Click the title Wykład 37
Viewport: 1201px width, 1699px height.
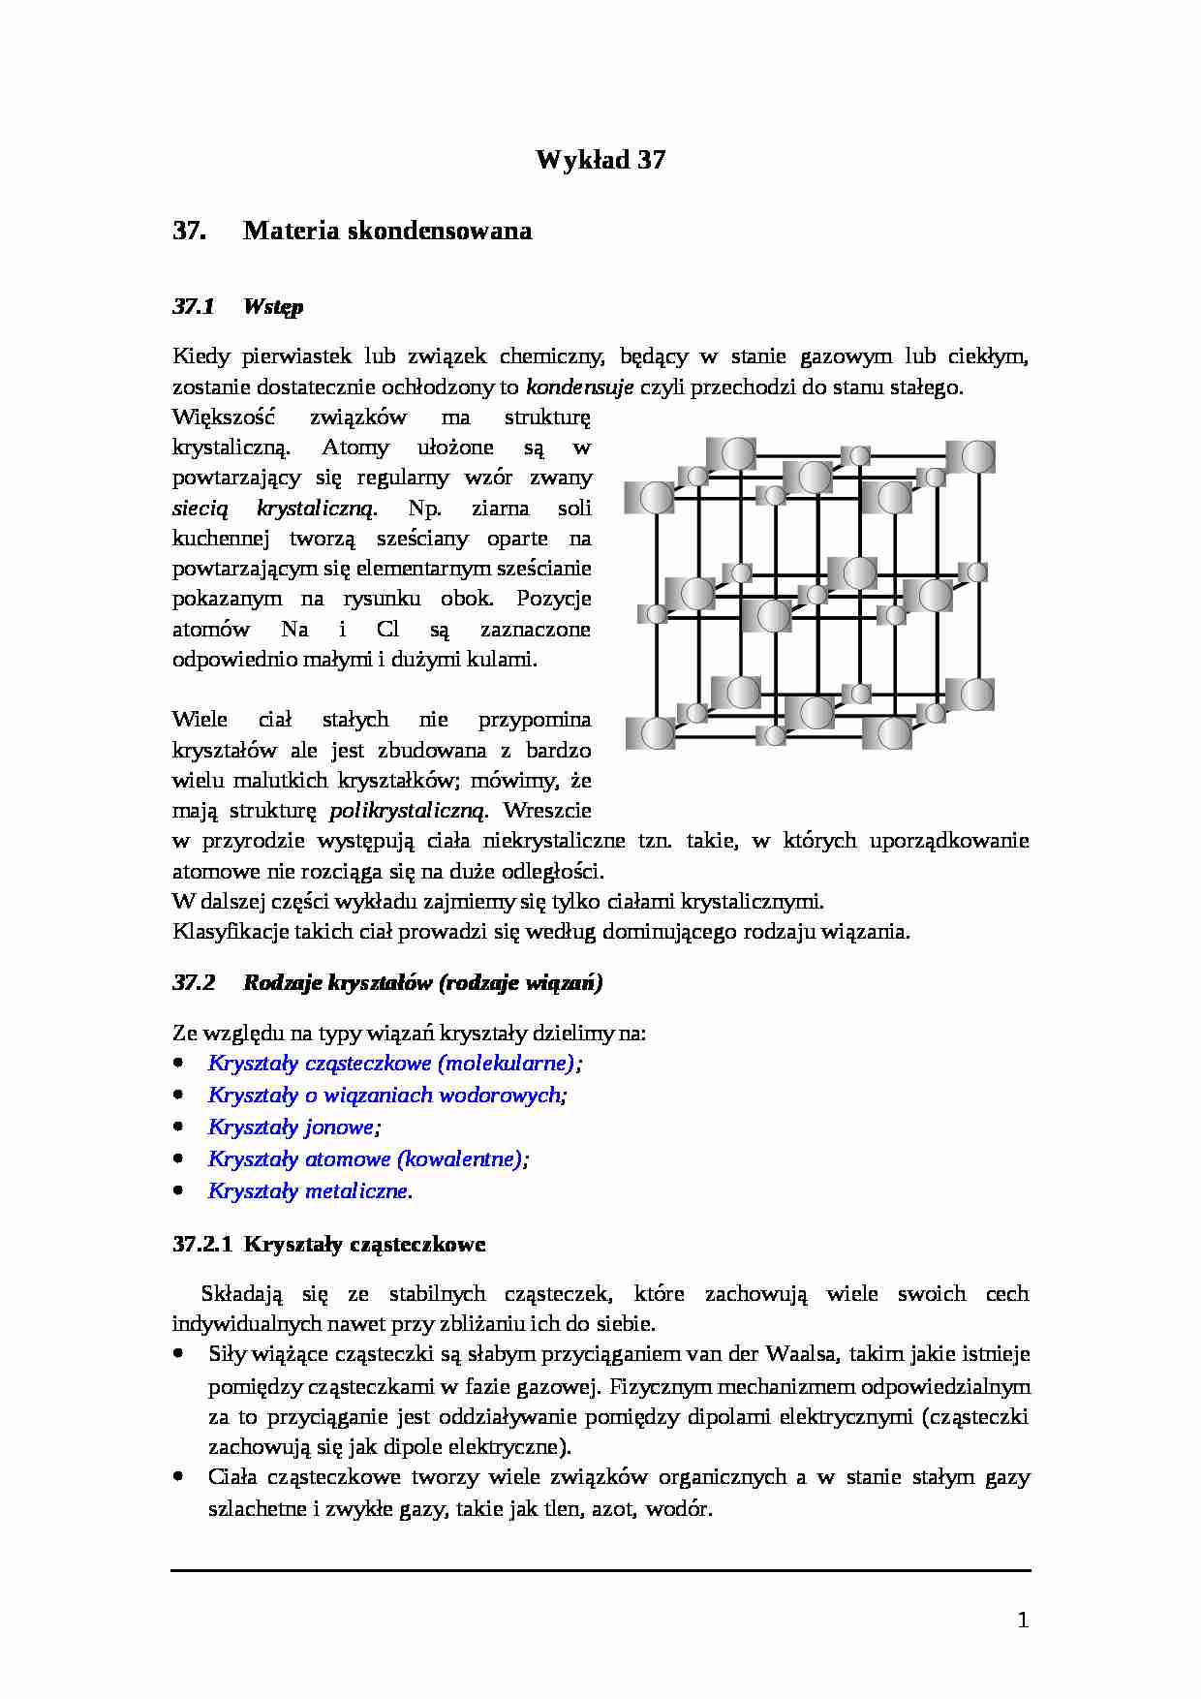pos(600,160)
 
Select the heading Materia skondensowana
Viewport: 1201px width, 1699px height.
pos(386,231)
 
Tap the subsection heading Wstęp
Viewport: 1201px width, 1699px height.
pos(273,307)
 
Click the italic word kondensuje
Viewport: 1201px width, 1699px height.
pos(579,387)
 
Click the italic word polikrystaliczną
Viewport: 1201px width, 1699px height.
pos(408,810)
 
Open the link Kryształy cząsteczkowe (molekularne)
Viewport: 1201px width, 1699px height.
pos(391,1064)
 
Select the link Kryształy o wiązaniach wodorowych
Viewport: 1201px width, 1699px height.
pos(385,1096)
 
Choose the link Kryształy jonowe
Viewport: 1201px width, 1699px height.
pos(291,1128)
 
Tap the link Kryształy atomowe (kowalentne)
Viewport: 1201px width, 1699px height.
pos(365,1159)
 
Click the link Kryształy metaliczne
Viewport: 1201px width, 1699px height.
pos(307,1191)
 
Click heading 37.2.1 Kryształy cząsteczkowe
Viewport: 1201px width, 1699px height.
pos(329,1245)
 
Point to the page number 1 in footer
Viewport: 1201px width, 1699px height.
pos(1023,1620)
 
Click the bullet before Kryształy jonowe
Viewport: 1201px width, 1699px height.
pos(178,1127)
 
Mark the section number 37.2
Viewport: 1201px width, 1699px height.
pos(194,983)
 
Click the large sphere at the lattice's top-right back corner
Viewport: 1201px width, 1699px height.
pos(976,456)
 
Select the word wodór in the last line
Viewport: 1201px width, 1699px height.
pos(677,1509)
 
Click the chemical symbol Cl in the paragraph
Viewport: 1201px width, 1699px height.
pos(387,630)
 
